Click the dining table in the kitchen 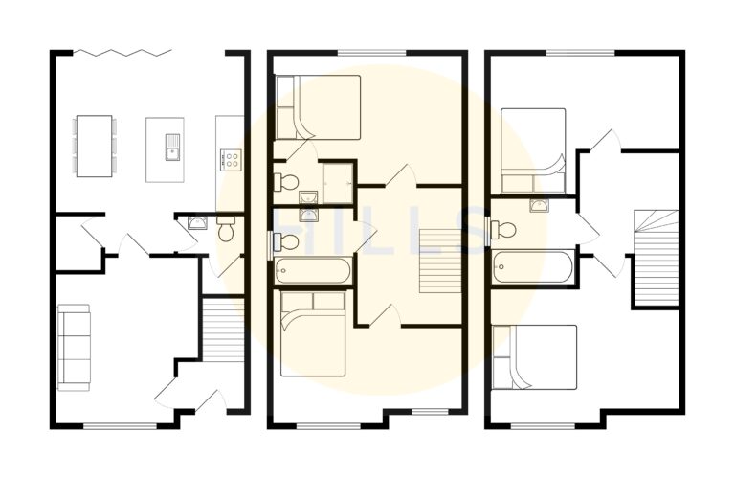click(94, 146)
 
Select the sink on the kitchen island click(172, 147)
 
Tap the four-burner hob click(231, 159)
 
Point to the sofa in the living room click(74, 347)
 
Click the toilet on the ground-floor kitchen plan click(227, 228)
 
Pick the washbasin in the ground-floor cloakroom click(198, 222)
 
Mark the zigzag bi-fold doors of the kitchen click(122, 52)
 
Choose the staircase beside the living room click(223, 329)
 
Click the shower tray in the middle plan click(338, 183)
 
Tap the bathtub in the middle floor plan click(313, 270)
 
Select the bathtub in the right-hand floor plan click(532, 266)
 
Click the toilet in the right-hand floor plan click(503, 230)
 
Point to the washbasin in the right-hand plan click(540, 205)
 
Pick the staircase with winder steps click(657, 258)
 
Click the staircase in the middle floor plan click(440, 261)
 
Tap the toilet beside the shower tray click(286, 182)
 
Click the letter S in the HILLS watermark click(468, 230)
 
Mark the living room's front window click(120, 426)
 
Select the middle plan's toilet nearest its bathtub click(286, 242)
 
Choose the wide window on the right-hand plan click(580, 52)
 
